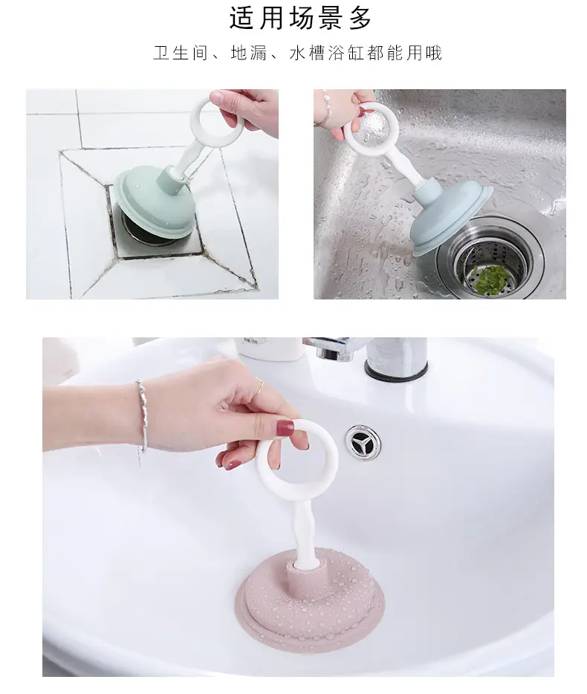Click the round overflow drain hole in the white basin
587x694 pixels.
point(363,441)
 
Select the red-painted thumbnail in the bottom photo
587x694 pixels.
point(285,427)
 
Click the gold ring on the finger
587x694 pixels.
point(259,389)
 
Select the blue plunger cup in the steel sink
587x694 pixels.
point(452,221)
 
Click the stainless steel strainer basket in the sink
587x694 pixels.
point(490,256)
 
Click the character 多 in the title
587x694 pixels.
point(360,19)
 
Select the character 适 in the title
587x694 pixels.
point(241,19)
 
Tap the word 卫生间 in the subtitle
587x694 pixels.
point(181,53)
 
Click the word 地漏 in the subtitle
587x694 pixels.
point(249,53)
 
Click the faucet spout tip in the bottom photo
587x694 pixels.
point(326,353)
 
